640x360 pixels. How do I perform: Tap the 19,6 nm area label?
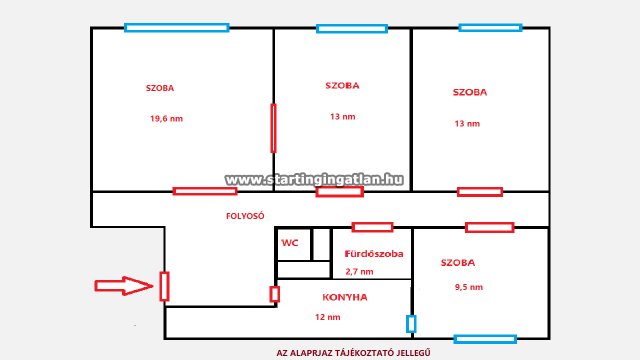tap(167, 119)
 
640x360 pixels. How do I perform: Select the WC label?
tap(290, 243)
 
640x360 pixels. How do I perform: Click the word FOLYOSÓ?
tap(245, 216)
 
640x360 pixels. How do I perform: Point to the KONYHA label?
tap(345, 297)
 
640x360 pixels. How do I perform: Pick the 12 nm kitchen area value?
tap(328, 317)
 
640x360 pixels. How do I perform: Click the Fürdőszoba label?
tap(374, 253)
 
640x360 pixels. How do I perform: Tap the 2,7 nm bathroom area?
tap(359, 271)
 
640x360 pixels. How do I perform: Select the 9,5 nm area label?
tap(469, 287)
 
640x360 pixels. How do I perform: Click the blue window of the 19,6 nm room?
tap(177, 28)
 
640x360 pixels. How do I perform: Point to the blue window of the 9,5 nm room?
tap(485, 339)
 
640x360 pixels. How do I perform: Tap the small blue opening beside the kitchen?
tap(411, 324)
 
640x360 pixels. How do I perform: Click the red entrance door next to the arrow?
tap(164, 287)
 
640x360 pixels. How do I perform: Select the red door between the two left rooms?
tap(273, 128)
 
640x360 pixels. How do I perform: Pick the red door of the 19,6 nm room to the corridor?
tap(205, 191)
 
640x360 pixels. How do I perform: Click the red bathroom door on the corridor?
tap(372, 227)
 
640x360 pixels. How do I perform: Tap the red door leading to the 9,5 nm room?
tap(489, 227)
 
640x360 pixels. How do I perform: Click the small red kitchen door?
tap(275, 294)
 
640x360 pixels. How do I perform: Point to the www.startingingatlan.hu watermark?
tap(314, 179)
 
